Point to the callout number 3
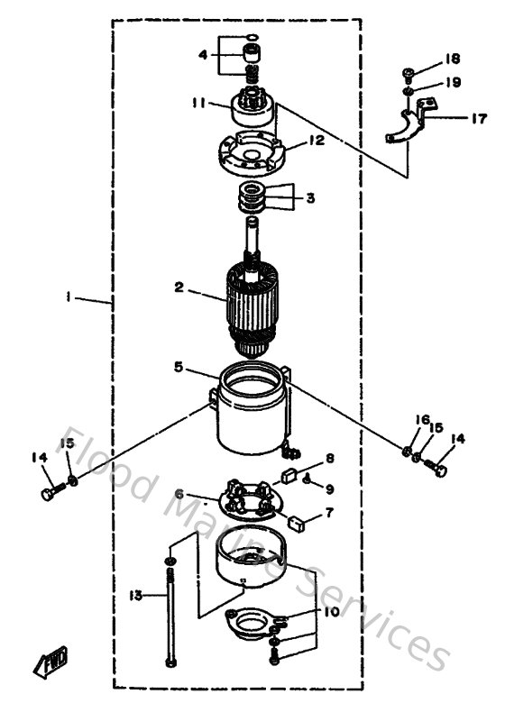click(309, 197)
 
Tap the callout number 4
click(203, 55)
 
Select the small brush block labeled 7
click(295, 519)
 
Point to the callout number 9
click(330, 488)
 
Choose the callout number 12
click(317, 141)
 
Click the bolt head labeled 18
click(408, 73)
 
